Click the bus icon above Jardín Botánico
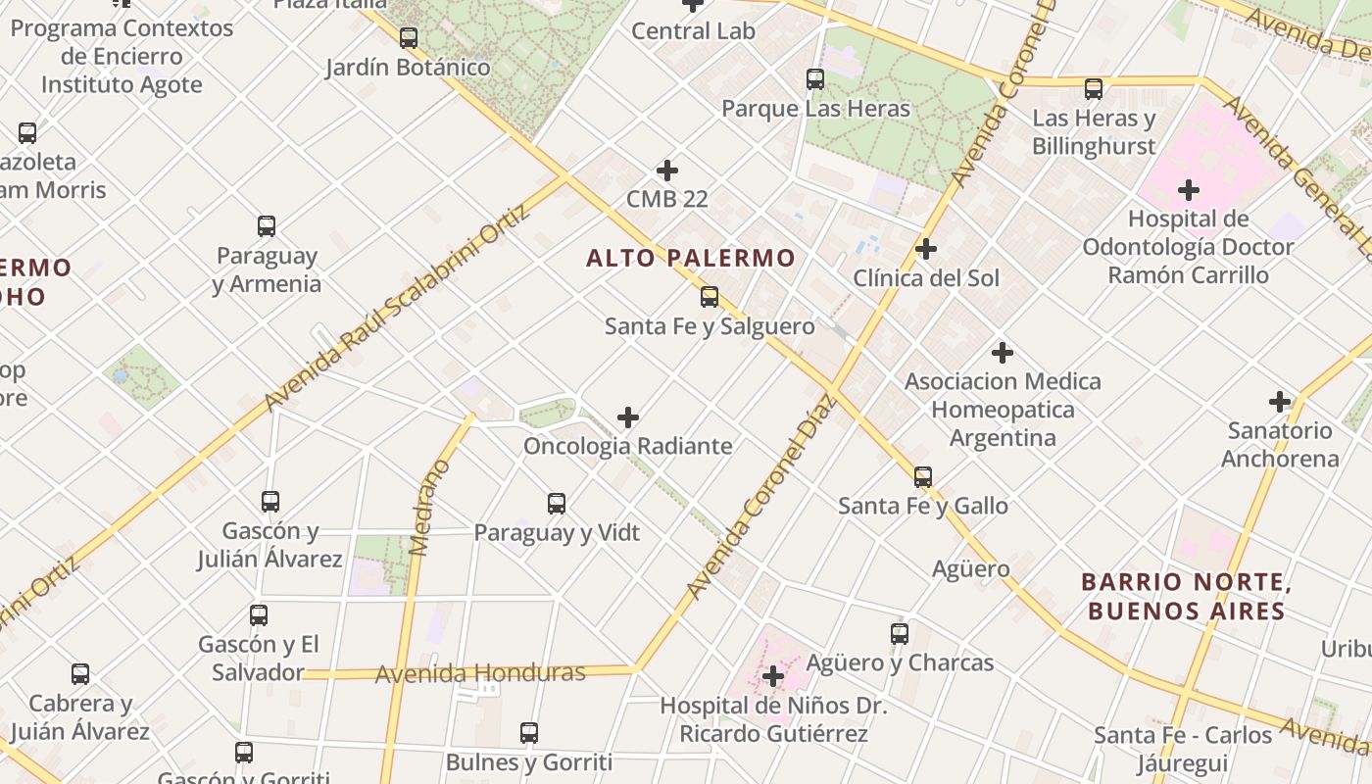[409, 38]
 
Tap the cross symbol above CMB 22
[667, 171]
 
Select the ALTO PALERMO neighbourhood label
[690, 259]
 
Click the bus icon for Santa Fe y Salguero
[710, 296]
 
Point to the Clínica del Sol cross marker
[926, 249]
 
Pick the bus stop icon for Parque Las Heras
[815, 79]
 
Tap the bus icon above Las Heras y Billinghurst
[1094, 89]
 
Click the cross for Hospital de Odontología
[1189, 189]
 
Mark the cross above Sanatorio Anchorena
[1280, 401]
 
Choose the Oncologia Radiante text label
[628, 446]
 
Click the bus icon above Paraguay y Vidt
[557, 504]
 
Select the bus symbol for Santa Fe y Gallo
[923, 477]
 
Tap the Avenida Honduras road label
[480, 673]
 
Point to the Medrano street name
[430, 508]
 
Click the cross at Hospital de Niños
[773, 676]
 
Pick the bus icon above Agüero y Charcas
[900, 634]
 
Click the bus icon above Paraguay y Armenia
[267, 226]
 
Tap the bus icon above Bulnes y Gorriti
[529, 732]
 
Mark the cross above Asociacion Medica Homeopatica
[1003, 352]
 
